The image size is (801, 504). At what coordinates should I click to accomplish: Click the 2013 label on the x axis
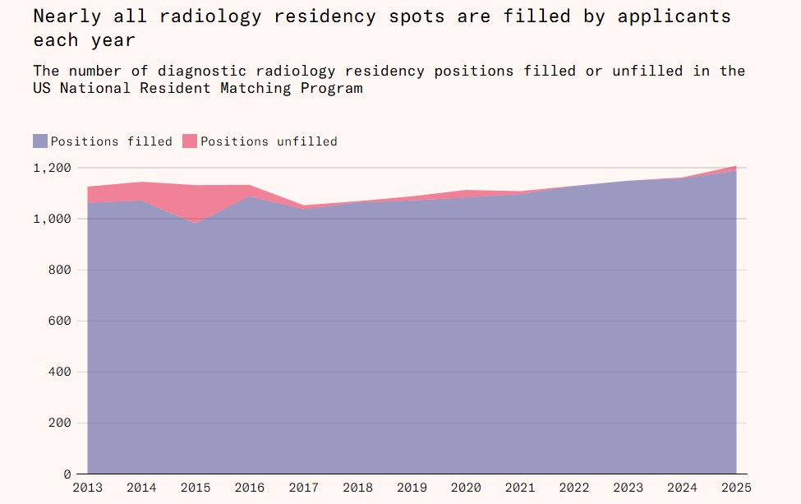[x=88, y=488]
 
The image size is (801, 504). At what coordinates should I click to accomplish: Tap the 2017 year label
[x=304, y=488]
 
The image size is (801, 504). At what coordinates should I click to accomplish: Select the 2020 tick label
[x=466, y=488]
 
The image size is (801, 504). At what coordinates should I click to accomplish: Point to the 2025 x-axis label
[x=735, y=488]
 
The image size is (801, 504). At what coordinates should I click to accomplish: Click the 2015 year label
[x=196, y=488]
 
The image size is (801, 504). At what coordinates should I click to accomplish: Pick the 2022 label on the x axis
[x=573, y=488]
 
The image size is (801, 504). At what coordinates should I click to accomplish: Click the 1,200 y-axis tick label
[x=53, y=168]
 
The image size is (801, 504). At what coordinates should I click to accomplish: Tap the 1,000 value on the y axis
[x=53, y=219]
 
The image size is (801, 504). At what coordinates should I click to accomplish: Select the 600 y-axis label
[x=59, y=321]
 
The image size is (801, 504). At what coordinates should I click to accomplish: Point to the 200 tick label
[x=59, y=423]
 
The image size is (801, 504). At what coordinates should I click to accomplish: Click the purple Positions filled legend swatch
[x=40, y=141]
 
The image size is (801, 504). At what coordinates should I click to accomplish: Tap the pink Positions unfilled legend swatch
[x=190, y=141]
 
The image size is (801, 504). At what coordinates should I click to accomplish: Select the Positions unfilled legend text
[x=269, y=141]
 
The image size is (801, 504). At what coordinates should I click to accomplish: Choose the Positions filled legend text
[x=111, y=141]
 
